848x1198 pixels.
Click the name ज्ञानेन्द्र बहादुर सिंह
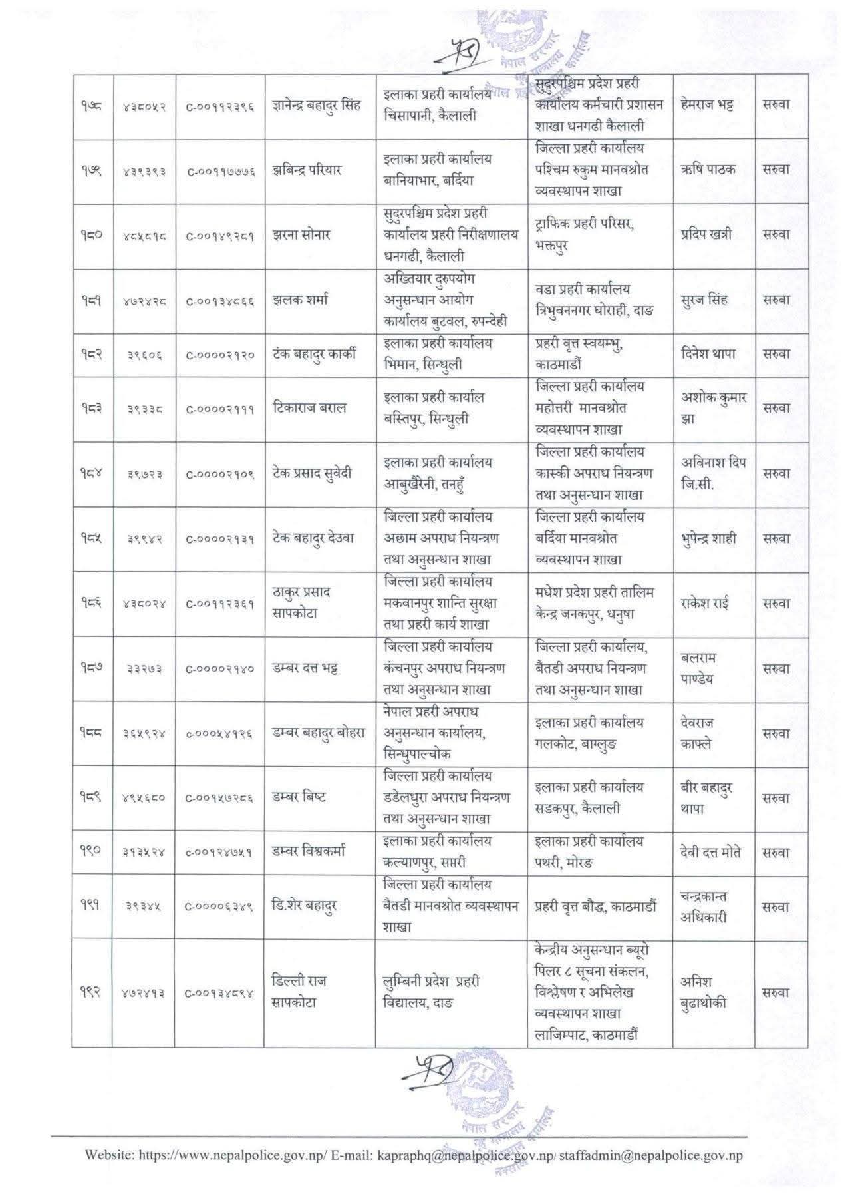pos(316,105)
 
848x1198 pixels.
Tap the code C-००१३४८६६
pos(220,301)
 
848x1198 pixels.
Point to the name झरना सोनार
pos(301,234)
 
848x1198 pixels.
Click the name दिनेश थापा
pos(708,354)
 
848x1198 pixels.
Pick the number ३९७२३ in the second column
pos(145,475)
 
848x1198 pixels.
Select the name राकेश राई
pos(705,604)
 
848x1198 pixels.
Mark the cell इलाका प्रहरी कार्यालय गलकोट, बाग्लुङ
pos(589,733)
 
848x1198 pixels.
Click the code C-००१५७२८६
pos(220,798)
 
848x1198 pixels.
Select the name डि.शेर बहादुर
pos(305,906)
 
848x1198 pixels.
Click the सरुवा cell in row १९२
pos(776,992)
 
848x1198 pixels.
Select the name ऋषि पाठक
pos(708,169)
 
